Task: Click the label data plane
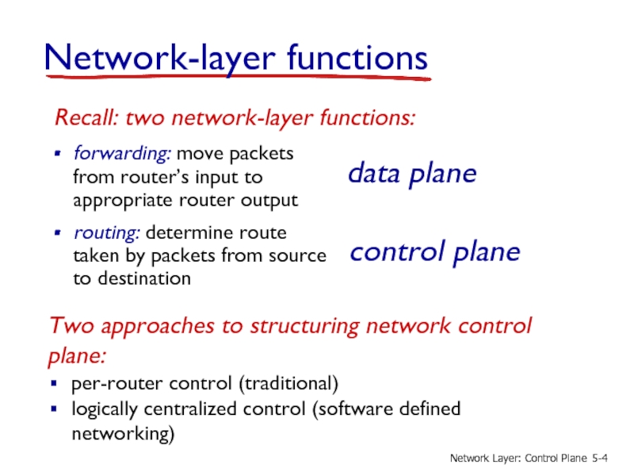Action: click(x=413, y=175)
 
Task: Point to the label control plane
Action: click(x=435, y=253)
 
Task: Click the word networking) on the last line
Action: click(x=123, y=435)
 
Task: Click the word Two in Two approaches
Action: click(x=69, y=327)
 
